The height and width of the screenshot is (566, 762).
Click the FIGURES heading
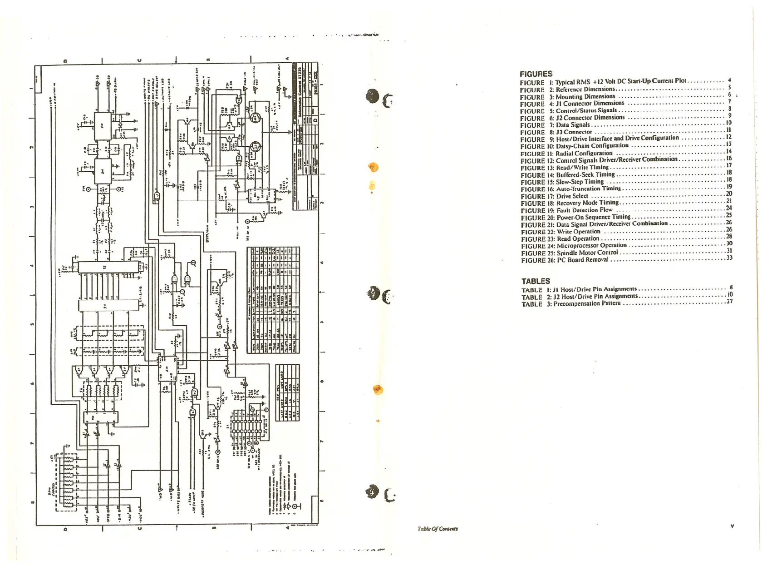[536, 74]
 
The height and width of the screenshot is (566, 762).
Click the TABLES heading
[536, 281]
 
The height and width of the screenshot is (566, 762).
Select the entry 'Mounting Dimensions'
[585, 96]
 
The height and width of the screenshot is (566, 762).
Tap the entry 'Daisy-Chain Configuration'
[592, 146]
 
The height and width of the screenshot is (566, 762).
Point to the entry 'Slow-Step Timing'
[580, 182]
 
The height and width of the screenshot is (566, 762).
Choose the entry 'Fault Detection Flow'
[585, 210]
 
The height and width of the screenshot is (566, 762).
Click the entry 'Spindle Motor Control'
[587, 253]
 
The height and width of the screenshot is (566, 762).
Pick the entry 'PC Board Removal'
[582, 260]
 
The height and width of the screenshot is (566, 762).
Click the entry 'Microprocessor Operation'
[592, 245]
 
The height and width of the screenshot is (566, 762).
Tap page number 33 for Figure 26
[729, 258]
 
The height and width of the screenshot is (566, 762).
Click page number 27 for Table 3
[729, 301]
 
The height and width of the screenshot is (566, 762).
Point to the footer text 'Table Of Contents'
[438, 529]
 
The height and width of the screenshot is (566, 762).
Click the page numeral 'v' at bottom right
[732, 526]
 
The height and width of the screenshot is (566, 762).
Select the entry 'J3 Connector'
[574, 132]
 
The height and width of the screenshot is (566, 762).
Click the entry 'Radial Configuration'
[584, 153]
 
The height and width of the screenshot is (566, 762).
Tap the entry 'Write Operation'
[579, 231]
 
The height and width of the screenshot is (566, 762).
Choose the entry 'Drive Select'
[572, 196]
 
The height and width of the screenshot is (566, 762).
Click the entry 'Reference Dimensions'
[585, 89]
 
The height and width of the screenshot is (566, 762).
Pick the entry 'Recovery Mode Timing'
[588, 203]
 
